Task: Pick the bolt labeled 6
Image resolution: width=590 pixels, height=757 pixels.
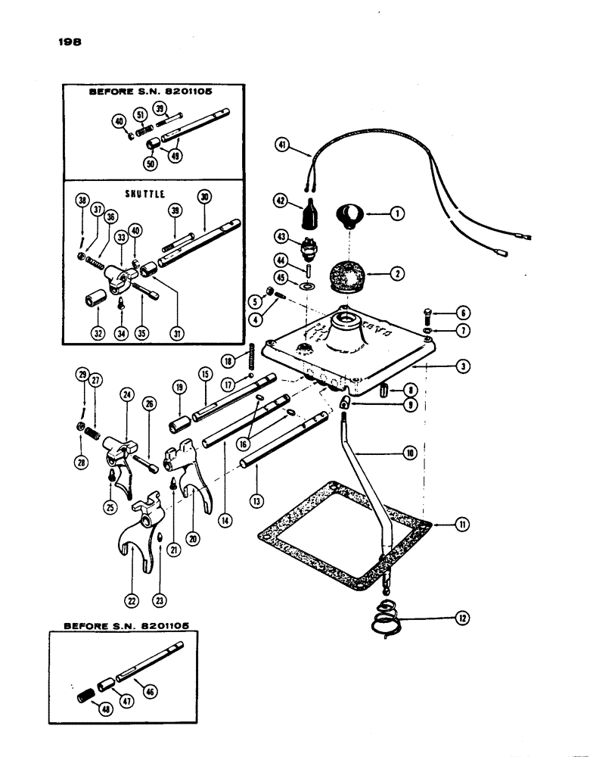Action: coord(442,312)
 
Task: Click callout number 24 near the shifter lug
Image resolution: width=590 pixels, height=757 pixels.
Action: coord(124,394)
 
